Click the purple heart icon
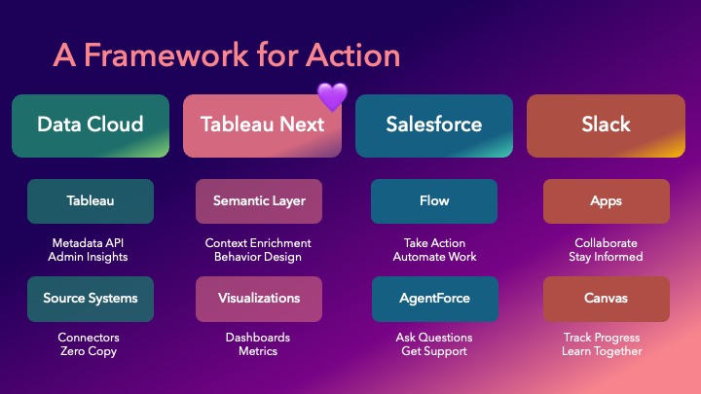pyautogui.click(x=332, y=96)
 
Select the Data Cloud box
pyautogui.click(x=91, y=125)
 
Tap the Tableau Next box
pyautogui.click(x=262, y=125)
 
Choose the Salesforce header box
pyautogui.click(x=434, y=125)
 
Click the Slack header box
pyautogui.click(x=606, y=125)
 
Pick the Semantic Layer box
pyautogui.click(x=259, y=201)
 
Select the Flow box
pyautogui.click(x=434, y=201)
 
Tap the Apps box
pyautogui.click(x=606, y=201)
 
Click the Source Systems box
pyautogui.click(x=91, y=299)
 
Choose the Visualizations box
pyautogui.click(x=259, y=299)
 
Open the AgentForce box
pyautogui.click(x=434, y=299)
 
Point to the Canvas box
pyautogui.click(x=606, y=299)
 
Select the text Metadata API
pyautogui.click(x=91, y=242)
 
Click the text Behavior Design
pyautogui.click(x=258, y=257)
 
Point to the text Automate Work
pyautogui.click(x=434, y=257)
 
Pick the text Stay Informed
pyautogui.click(x=606, y=257)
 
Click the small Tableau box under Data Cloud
pyautogui.click(x=91, y=201)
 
